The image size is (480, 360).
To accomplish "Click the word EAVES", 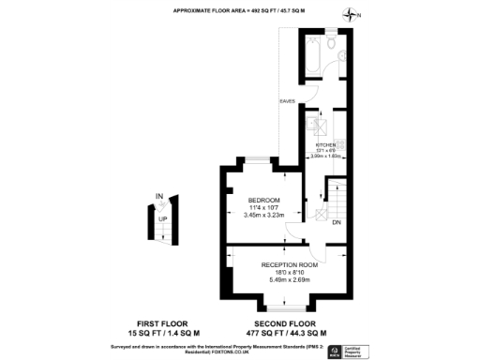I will (287, 100).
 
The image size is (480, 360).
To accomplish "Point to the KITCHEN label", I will (324, 144).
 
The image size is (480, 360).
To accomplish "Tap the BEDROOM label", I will (262, 200).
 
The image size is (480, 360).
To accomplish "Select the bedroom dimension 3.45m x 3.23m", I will (262, 216).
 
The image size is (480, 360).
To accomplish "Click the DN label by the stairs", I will (335, 223).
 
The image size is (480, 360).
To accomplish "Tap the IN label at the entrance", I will (158, 196).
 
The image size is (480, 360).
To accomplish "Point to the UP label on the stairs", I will (162, 218).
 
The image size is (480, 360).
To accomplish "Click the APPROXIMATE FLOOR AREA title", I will (239, 9).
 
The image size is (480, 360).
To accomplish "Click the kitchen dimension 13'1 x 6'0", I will (324, 150).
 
